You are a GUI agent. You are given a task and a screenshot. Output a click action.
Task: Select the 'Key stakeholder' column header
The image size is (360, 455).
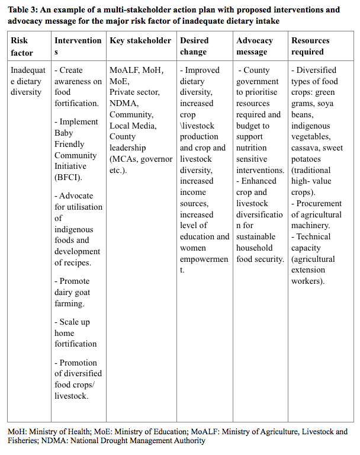(x=140, y=41)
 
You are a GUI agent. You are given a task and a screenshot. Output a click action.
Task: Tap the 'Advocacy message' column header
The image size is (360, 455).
(x=255, y=46)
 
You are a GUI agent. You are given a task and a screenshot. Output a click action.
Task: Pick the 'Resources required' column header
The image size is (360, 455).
(x=310, y=46)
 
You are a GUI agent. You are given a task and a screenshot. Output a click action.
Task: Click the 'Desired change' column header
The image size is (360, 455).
(x=195, y=46)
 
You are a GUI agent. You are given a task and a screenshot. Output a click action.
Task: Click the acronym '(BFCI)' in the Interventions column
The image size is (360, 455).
(x=68, y=177)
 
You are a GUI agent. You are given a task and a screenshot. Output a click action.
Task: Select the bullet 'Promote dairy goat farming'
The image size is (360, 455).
(x=73, y=292)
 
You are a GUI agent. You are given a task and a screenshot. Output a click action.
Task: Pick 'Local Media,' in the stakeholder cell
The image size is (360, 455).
(x=133, y=126)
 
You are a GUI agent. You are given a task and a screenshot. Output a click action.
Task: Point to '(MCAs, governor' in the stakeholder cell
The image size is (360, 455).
(x=141, y=159)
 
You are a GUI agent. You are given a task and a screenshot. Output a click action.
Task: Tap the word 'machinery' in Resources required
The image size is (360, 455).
(x=311, y=226)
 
